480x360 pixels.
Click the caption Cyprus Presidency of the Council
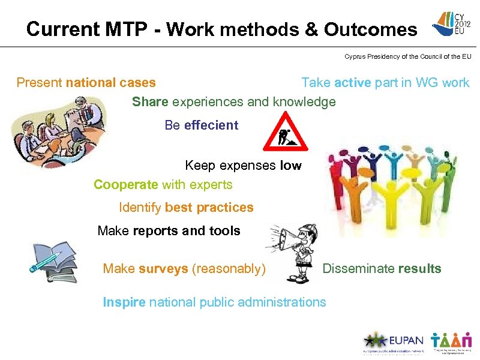coord(407,57)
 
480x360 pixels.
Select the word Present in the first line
coord(40,83)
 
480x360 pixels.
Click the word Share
coord(150,102)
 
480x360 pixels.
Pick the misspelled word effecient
coord(211,125)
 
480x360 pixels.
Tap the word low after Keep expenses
coord(290,166)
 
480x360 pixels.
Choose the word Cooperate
coord(125,185)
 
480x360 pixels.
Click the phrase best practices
coord(209,208)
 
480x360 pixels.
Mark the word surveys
coord(163,269)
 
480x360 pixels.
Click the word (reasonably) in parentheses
coord(229,269)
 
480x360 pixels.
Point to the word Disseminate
coord(358,269)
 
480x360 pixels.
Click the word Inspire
coord(124,302)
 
